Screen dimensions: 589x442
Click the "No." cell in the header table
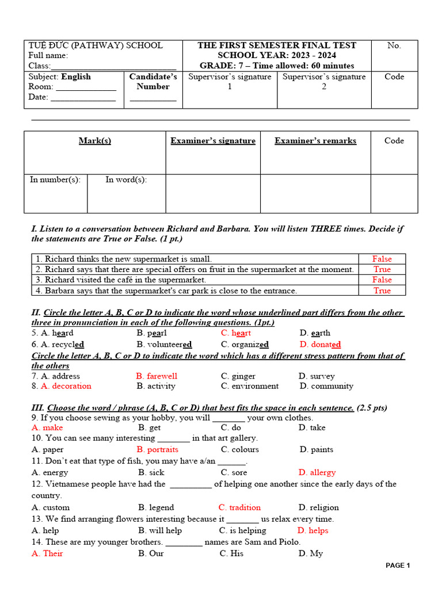[394, 46]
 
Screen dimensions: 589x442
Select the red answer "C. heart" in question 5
[236, 333]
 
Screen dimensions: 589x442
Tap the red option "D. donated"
[320, 345]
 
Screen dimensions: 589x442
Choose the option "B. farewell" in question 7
[157, 376]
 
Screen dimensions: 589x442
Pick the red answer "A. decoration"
[61, 386]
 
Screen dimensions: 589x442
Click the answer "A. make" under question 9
[47, 428]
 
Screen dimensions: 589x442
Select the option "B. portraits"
[158, 450]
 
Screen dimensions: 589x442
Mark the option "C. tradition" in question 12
[239, 508]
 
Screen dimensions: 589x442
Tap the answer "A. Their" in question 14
[47, 553]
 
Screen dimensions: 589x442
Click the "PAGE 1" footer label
[398, 565]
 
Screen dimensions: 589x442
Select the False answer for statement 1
[382, 259]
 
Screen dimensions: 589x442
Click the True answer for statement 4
[382, 290]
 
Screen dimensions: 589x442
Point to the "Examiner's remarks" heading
[315, 141]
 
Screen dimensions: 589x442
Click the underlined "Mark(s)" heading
[95, 141]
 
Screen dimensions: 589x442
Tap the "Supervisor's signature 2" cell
[324, 82]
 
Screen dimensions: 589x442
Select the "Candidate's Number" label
[153, 82]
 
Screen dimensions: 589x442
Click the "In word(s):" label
[126, 180]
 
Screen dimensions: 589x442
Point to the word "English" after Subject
[76, 77]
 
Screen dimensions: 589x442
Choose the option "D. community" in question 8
[326, 386]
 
